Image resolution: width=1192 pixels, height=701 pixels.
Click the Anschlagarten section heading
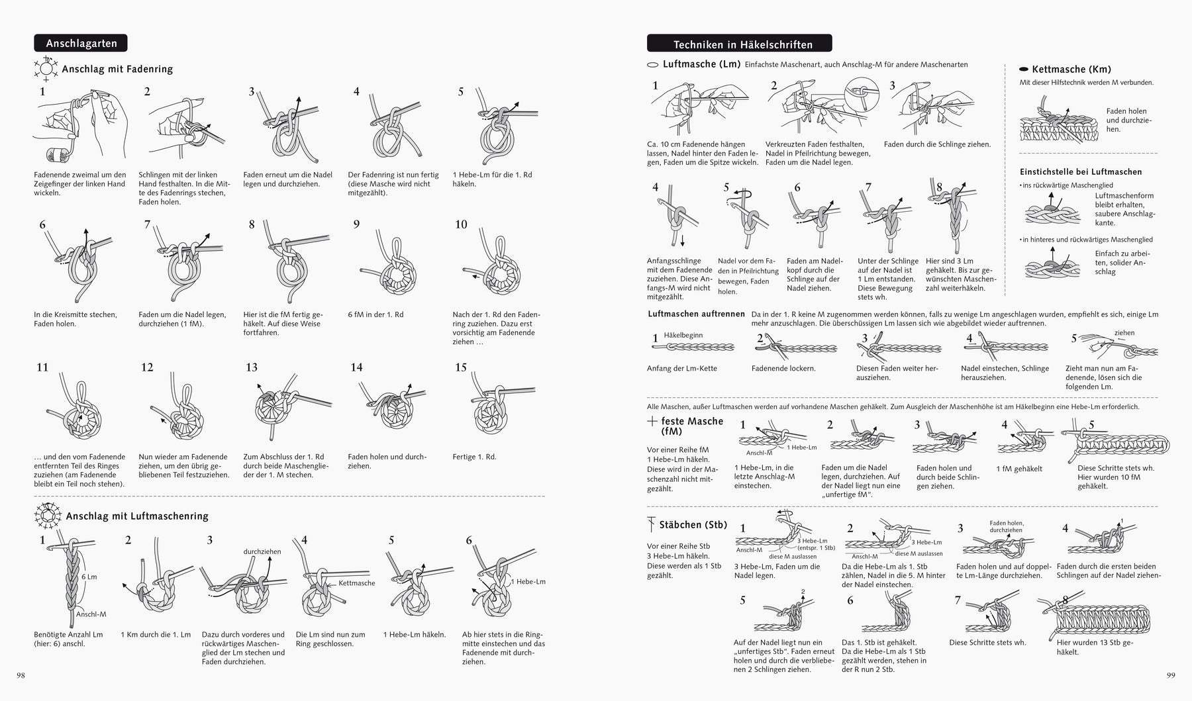point(81,44)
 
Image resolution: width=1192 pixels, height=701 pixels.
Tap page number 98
point(21,675)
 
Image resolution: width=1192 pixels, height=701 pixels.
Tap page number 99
point(1170,675)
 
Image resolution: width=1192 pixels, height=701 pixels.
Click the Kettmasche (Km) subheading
point(1071,69)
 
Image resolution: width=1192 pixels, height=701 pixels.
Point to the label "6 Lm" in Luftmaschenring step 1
point(89,577)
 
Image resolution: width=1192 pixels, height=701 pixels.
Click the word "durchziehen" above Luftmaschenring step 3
point(262,551)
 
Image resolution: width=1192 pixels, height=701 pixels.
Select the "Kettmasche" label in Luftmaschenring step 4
point(356,583)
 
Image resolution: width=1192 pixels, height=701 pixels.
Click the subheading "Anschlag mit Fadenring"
point(117,69)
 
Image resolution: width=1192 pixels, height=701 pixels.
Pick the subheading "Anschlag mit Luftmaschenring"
point(137,516)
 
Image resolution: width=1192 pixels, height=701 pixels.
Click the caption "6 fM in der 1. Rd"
point(375,314)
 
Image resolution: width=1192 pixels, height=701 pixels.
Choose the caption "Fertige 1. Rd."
point(474,457)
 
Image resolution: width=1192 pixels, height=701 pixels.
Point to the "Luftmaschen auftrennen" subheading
point(696,314)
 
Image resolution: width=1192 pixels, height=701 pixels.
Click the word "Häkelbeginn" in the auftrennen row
point(683,335)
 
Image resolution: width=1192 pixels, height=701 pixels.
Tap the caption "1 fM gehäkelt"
point(1019,469)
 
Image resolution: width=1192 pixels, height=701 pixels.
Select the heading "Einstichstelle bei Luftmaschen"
point(1081,171)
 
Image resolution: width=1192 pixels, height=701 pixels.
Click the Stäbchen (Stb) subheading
point(693,525)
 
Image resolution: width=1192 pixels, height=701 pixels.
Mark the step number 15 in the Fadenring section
point(461,367)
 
